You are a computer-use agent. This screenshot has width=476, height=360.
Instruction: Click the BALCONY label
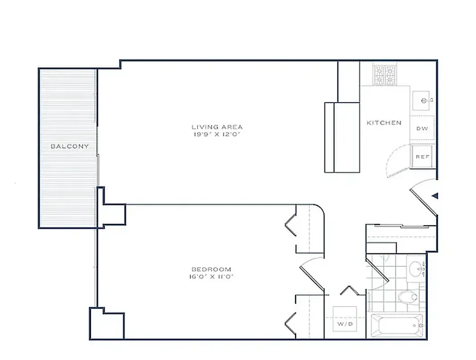(69, 146)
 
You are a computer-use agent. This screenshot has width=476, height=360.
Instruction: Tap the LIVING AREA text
(217, 127)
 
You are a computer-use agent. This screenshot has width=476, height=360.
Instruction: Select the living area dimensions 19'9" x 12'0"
(217, 134)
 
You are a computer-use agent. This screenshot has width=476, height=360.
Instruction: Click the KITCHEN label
(384, 122)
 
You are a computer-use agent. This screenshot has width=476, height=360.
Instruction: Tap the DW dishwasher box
(422, 129)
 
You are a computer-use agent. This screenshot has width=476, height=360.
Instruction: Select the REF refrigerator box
(422, 157)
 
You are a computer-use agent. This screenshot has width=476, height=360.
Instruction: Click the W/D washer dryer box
(345, 323)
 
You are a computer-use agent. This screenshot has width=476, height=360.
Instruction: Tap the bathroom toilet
(409, 297)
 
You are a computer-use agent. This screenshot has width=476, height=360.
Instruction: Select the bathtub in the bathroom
(396, 325)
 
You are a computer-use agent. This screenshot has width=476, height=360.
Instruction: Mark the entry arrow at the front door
(435, 195)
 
